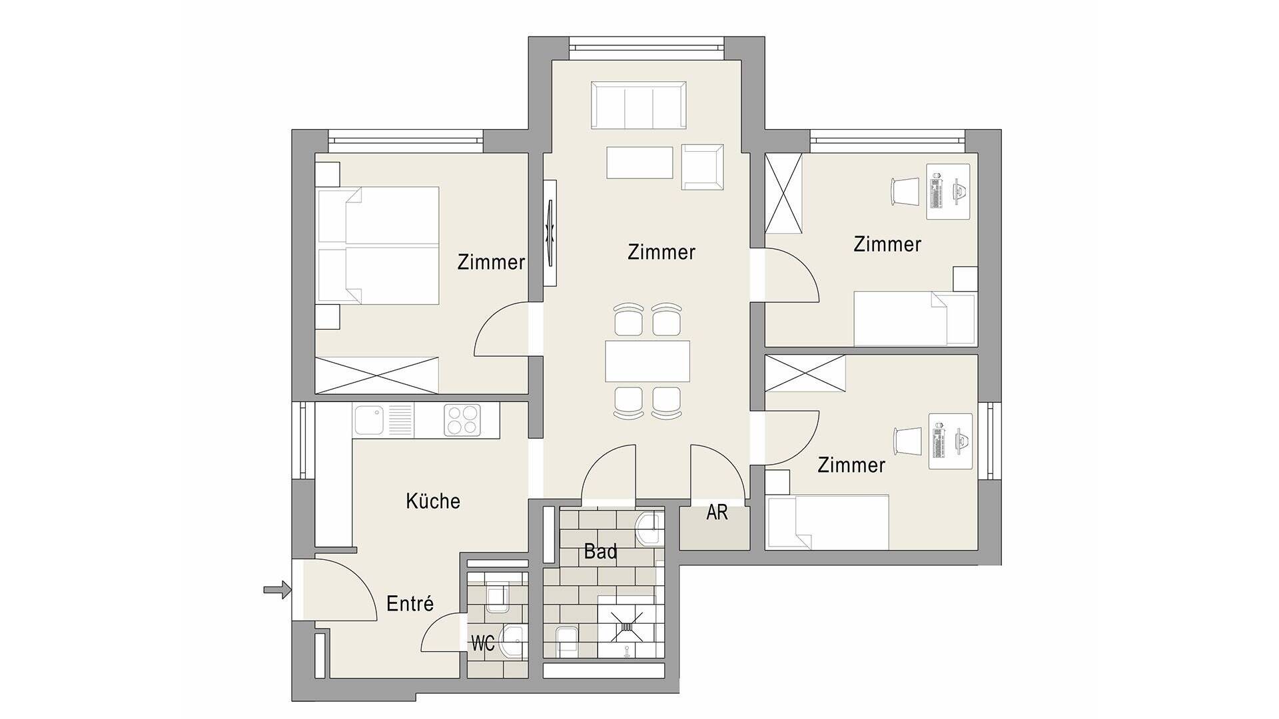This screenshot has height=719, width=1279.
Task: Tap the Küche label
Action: click(433, 501)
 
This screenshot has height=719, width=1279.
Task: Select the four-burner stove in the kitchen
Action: click(462, 421)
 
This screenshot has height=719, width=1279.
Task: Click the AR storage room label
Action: click(717, 513)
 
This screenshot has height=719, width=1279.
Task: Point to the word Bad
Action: click(600, 551)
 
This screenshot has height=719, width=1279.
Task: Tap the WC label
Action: click(482, 644)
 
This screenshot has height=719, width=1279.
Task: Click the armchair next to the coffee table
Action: click(703, 166)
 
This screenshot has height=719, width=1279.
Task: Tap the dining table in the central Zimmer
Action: click(647, 361)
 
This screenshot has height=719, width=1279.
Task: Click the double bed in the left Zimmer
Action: click(378, 245)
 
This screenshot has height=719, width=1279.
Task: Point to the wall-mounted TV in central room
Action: click(550, 234)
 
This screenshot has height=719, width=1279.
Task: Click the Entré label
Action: click(410, 604)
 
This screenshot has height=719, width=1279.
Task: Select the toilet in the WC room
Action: click(498, 597)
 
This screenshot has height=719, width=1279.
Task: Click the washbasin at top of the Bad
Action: click(649, 528)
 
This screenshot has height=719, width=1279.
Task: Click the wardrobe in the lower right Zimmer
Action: click(805, 373)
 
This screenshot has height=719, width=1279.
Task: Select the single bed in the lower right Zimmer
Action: click(829, 522)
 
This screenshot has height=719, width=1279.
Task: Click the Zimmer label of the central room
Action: click(661, 252)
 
